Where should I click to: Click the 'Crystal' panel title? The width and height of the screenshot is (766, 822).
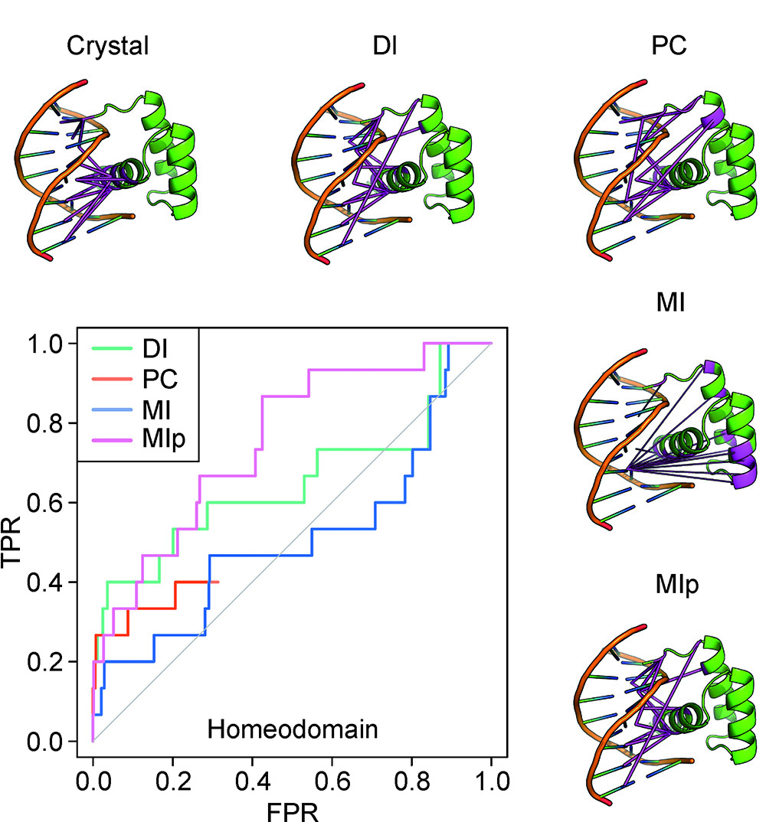tap(107, 47)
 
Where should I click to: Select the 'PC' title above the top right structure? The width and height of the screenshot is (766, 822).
tap(666, 47)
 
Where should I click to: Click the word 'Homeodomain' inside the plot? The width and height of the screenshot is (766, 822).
tap(293, 729)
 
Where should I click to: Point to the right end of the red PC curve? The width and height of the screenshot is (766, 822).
tap(218, 582)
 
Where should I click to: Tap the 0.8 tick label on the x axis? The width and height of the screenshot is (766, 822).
tap(411, 782)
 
